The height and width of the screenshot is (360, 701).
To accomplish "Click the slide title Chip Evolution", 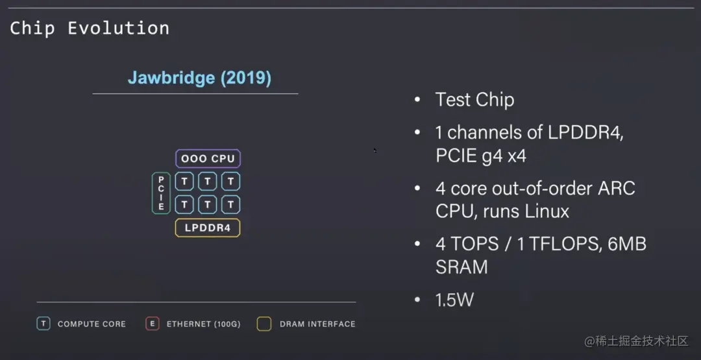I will tap(90, 29).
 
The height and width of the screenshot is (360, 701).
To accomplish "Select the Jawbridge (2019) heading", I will tap(199, 78).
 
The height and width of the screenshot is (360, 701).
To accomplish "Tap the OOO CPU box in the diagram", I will tap(208, 158).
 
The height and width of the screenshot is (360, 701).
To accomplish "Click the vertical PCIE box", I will tap(161, 193).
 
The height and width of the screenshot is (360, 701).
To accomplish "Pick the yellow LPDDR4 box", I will tap(208, 228).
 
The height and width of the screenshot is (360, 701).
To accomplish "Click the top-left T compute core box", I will tap(184, 181).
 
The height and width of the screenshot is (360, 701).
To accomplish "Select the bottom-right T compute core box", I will tap(230, 205).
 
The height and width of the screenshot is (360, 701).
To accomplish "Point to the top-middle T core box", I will tap(208, 181).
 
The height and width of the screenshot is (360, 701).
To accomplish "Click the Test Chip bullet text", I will tap(474, 100).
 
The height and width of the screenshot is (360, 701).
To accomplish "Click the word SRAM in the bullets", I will tap(461, 267).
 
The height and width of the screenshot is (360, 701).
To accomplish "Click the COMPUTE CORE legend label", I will tap(92, 324).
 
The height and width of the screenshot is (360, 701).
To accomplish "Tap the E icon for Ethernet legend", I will tap(153, 324).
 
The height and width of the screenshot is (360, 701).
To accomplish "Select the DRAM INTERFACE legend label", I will tap(317, 324).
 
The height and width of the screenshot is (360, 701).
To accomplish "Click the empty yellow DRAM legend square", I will tap(264, 324).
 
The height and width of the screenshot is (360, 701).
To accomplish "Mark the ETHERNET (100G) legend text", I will tap(203, 324).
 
